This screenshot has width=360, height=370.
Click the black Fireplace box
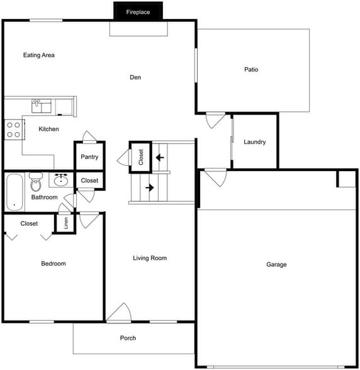coord(138,11)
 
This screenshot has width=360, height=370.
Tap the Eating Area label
coord(39,55)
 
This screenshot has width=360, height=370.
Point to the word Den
coord(135,77)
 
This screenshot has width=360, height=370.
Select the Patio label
coord(251,70)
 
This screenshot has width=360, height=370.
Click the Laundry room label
coord(255,142)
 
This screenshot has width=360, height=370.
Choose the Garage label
coord(276,265)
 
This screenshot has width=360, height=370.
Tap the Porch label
coord(128,339)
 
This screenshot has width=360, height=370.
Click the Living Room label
coord(150,258)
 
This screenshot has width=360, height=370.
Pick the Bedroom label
coord(53,264)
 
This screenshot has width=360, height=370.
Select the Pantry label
coord(89,157)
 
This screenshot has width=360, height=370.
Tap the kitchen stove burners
coord(13,129)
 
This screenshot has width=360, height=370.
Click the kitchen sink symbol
coord(38,104)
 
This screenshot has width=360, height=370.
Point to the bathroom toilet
coord(35,183)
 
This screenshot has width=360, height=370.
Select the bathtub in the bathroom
coord(14,193)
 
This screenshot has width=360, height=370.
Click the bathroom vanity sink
coord(61,181)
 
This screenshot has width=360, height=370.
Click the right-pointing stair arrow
coord(150,188)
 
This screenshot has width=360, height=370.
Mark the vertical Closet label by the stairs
coord(141,156)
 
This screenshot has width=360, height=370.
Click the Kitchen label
coord(49,130)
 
